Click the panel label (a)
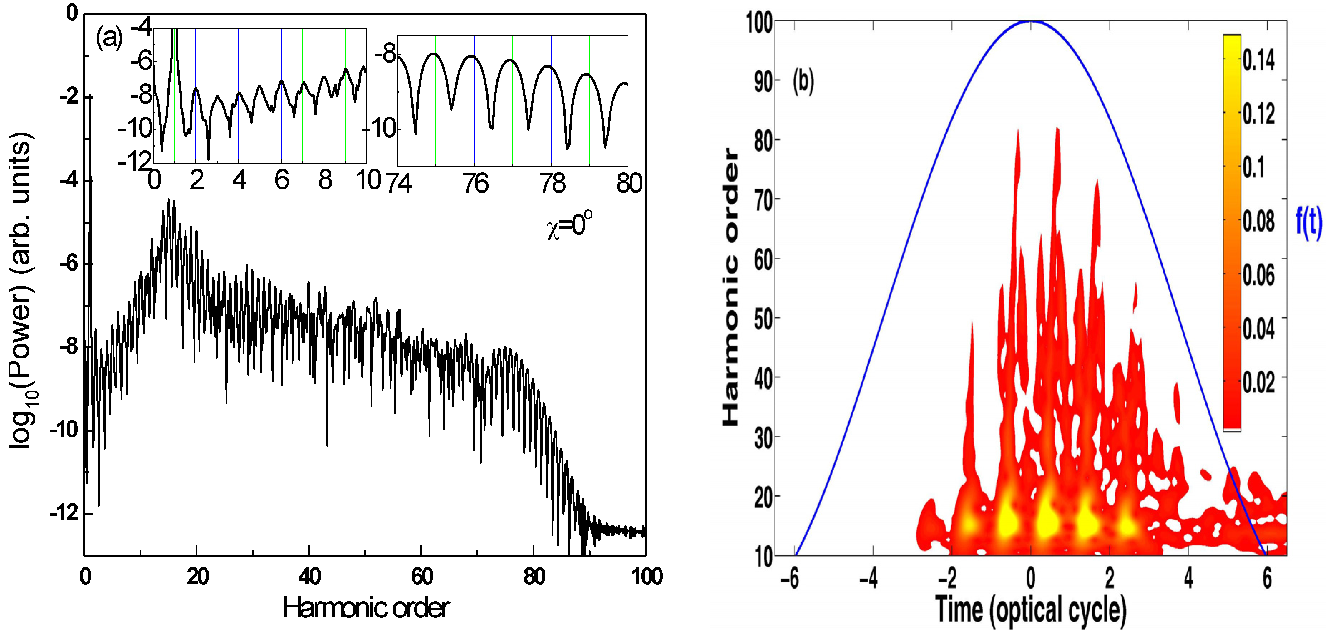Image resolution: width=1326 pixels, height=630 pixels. [x=109, y=38]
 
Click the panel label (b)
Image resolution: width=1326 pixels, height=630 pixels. [x=803, y=81]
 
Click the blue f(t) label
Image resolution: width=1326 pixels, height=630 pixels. [x=1308, y=222]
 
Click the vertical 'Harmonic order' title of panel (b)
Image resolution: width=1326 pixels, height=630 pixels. [x=730, y=287]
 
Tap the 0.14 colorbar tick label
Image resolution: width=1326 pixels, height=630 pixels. [x=1258, y=60]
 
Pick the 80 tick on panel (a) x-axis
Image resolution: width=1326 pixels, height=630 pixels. [x=534, y=576]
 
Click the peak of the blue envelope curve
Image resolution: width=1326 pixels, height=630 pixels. [x=1031, y=21]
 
